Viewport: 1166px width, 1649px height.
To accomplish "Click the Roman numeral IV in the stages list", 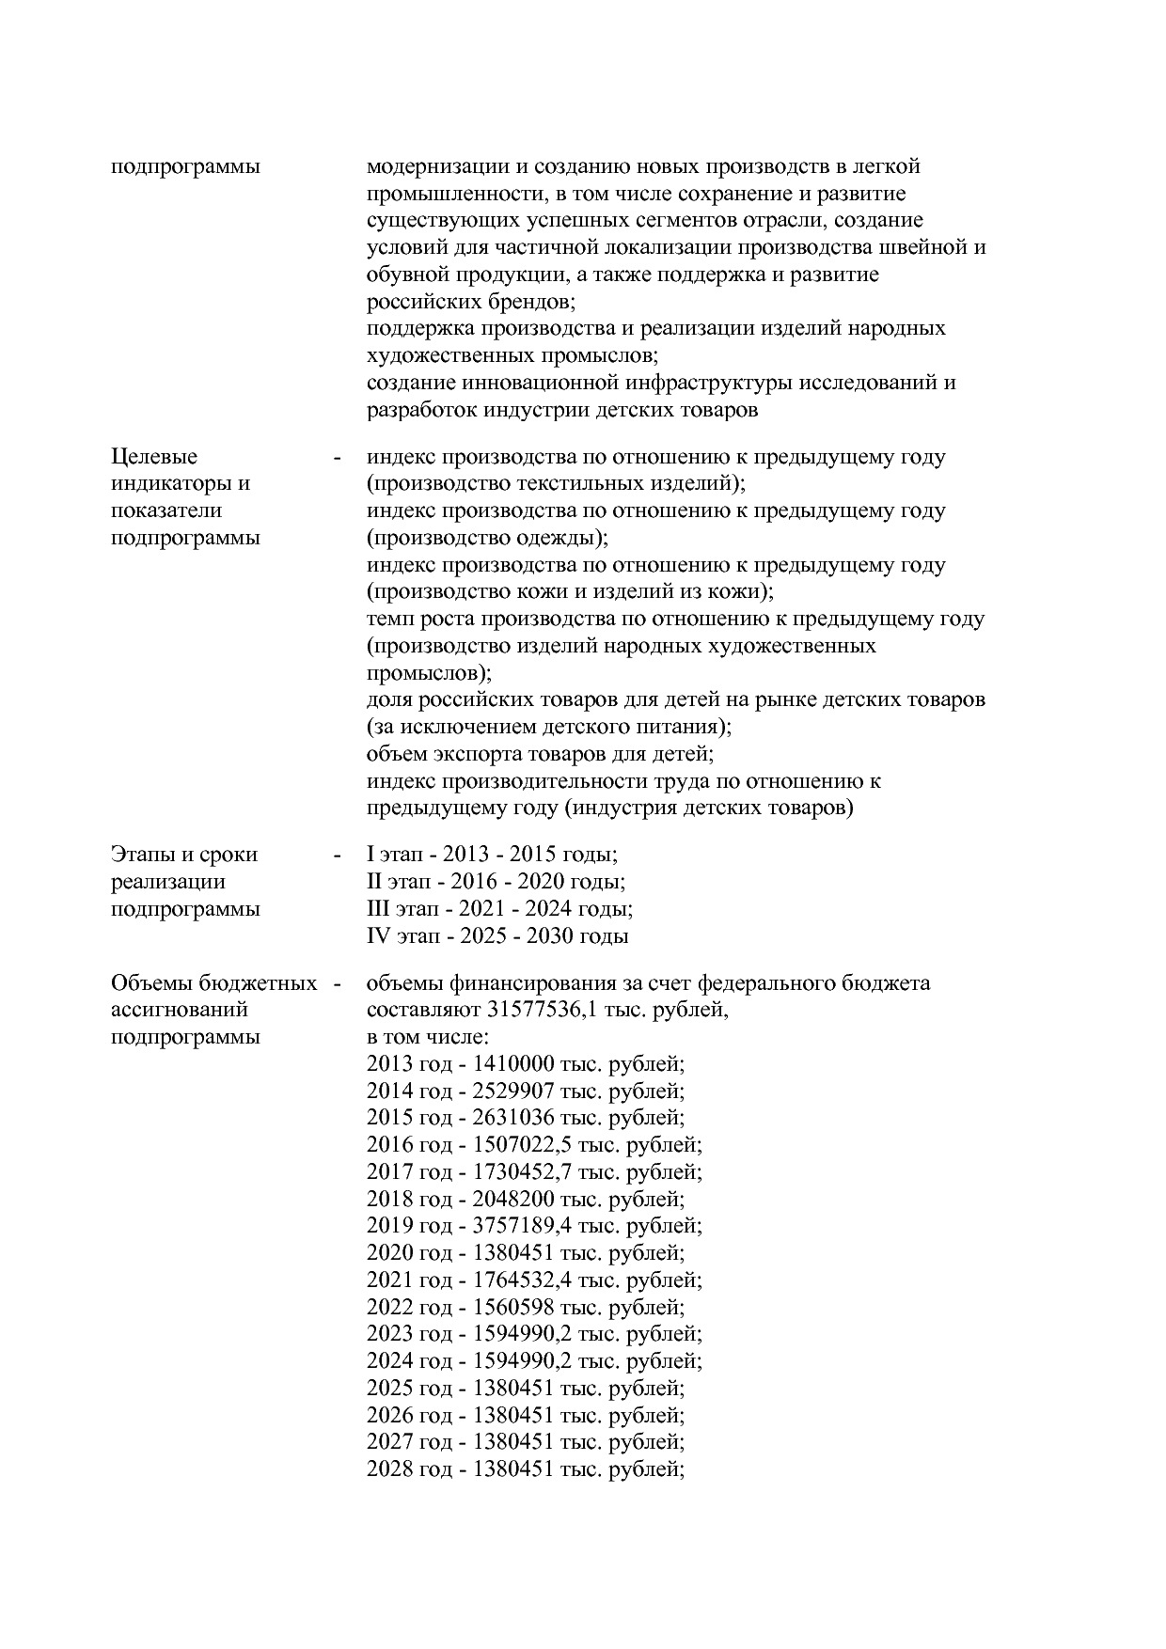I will click(x=378, y=936).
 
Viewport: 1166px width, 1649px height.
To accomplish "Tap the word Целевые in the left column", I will click(x=154, y=457).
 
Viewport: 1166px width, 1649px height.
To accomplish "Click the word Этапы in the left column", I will click(x=144, y=855).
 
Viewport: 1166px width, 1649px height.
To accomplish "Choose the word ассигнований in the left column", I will click(x=180, y=1011).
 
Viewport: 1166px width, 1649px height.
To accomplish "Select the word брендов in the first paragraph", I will click(x=530, y=303).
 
